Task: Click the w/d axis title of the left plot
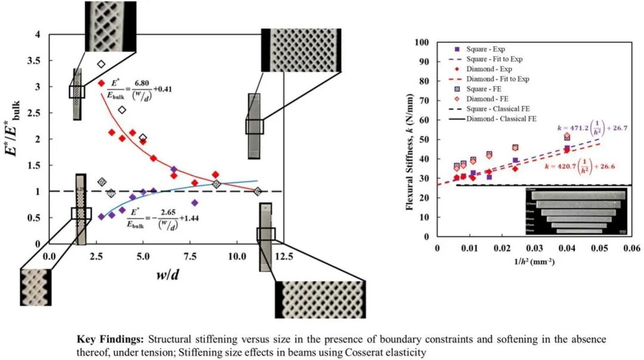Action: (x=166, y=278)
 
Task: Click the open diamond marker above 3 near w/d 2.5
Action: (x=101, y=64)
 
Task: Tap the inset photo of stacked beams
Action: (x=576, y=210)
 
